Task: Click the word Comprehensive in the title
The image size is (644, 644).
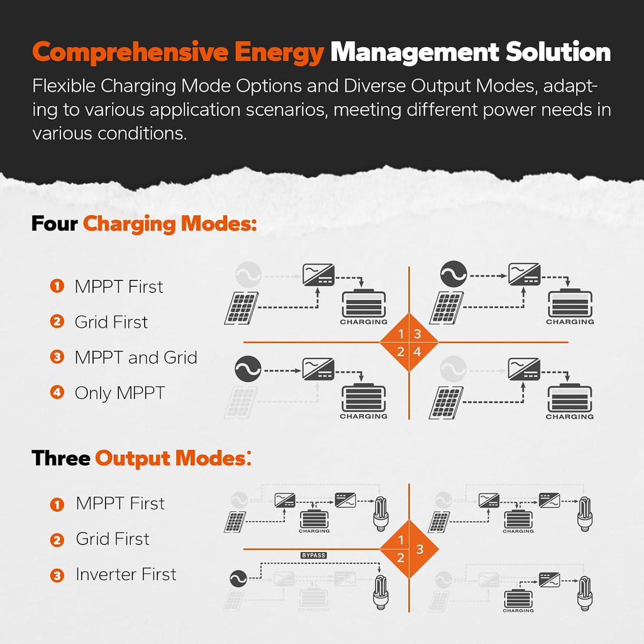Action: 130,53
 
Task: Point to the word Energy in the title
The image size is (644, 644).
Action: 279,53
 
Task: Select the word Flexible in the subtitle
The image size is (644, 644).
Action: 64,86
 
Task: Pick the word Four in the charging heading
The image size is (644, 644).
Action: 54,224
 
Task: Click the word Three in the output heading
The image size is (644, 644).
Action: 61,458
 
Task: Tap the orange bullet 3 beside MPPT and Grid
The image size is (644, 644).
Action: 57,357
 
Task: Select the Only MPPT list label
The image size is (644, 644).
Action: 120,393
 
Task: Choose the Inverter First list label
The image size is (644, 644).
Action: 126,574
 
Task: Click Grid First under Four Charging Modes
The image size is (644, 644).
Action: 111,322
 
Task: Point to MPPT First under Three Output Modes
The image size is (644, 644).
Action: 120,503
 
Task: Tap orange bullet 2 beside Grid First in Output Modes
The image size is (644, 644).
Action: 57,540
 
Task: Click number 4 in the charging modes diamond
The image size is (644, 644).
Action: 418,352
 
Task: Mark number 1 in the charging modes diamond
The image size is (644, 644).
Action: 401,334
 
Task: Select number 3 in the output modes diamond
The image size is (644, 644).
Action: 419,549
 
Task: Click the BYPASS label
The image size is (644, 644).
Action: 313,555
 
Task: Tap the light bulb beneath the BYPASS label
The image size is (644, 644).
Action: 380,592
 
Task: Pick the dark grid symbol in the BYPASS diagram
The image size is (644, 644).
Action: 238,579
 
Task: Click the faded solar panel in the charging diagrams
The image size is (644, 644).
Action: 240,402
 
